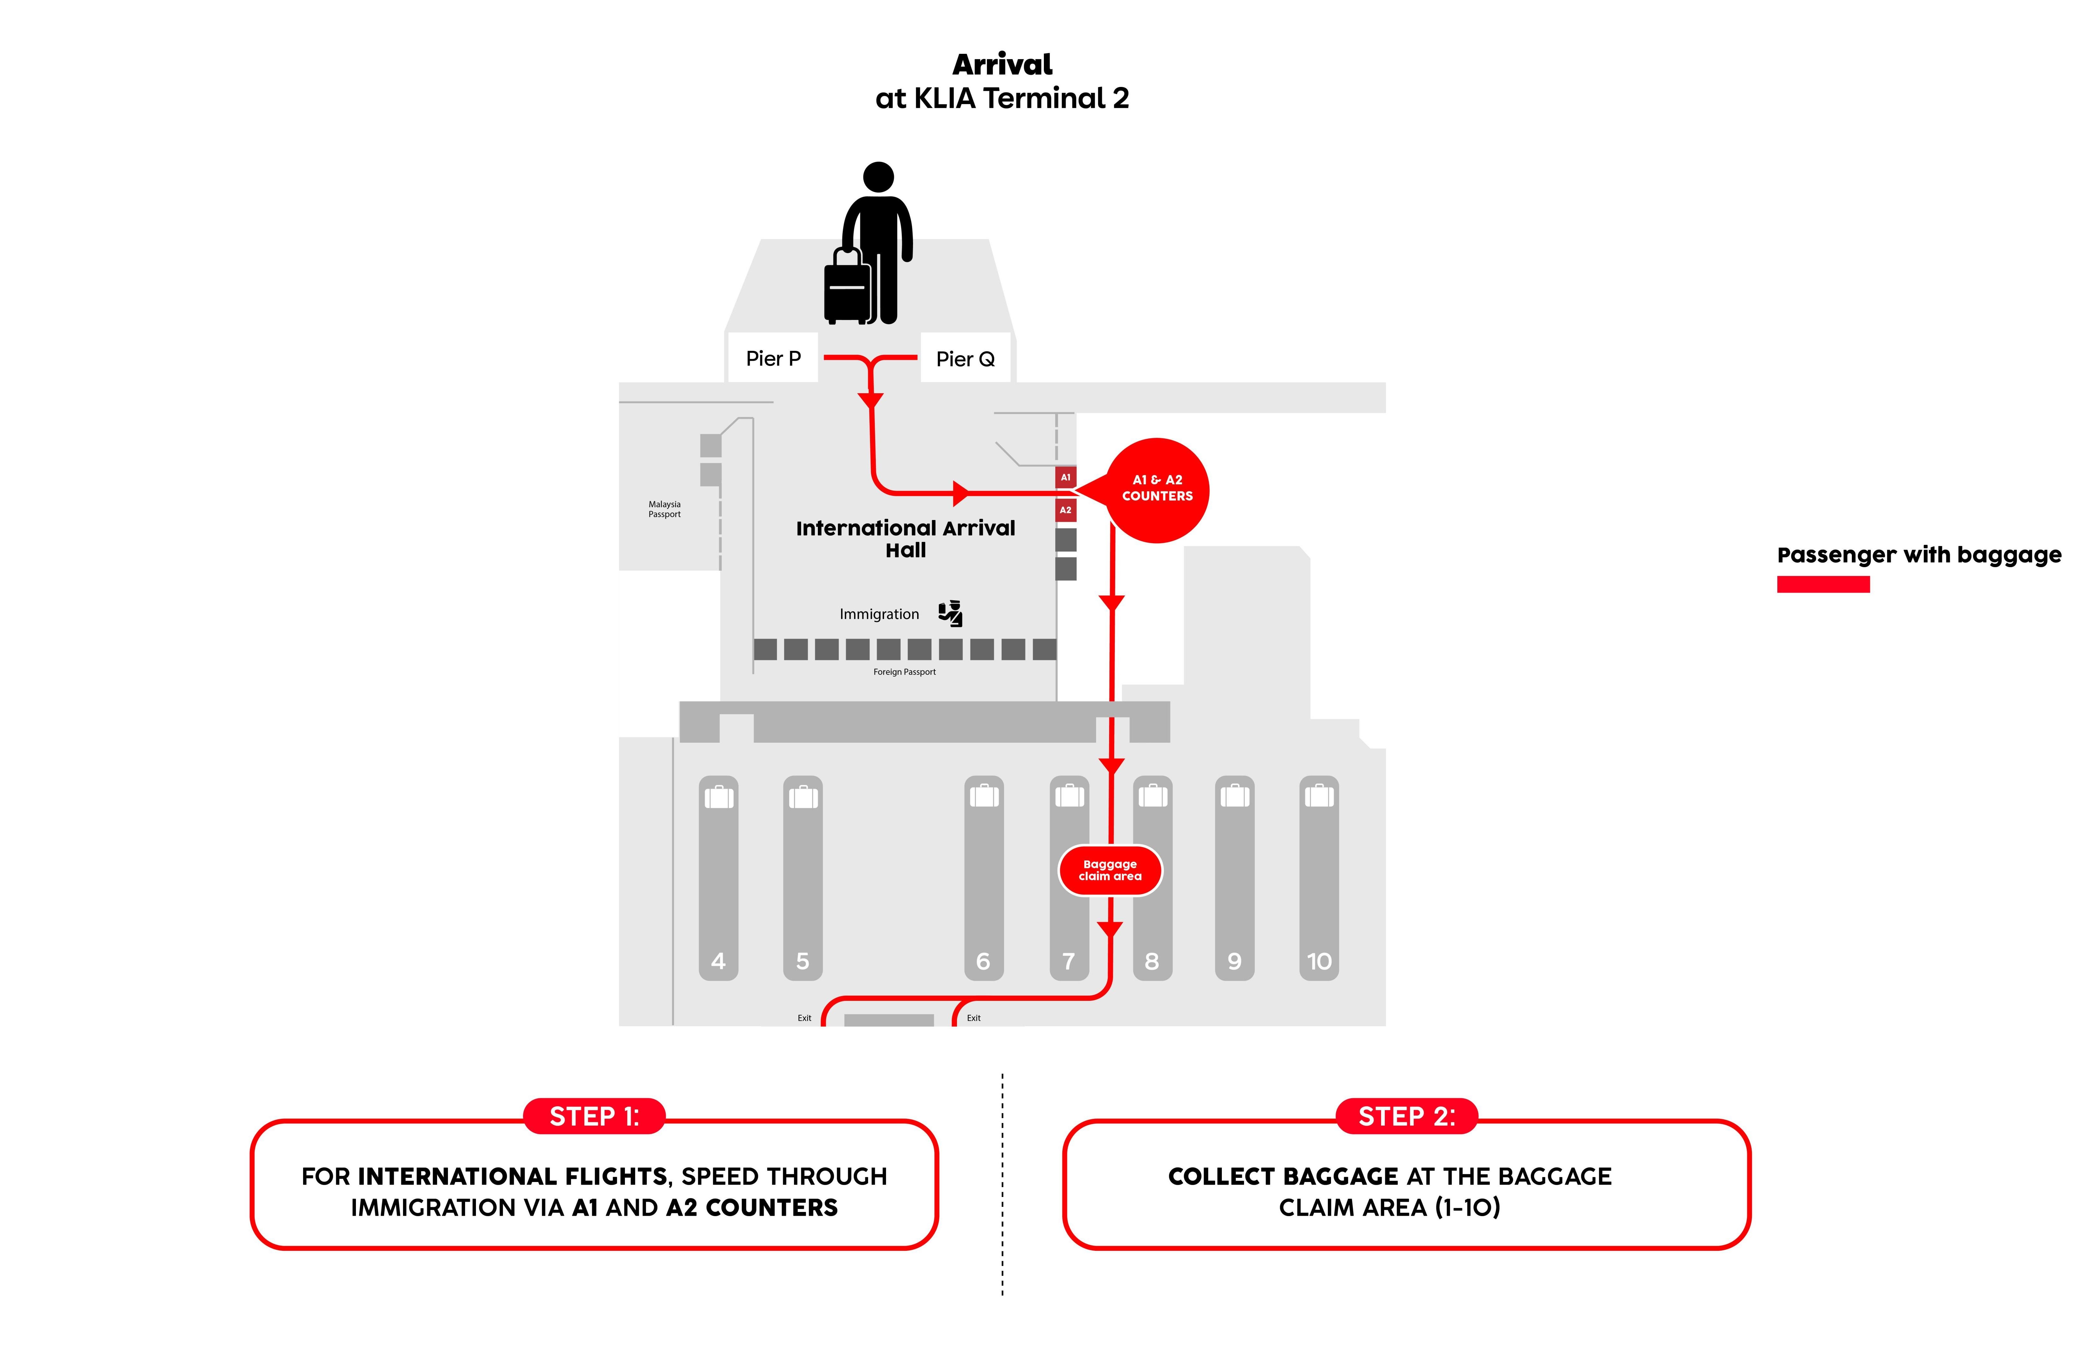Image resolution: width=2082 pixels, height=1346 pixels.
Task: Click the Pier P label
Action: click(772, 358)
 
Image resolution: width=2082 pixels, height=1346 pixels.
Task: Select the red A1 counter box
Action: click(1065, 477)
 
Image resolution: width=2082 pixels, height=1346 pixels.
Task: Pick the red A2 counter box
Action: click(1065, 509)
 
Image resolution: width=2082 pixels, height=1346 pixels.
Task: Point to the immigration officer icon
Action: click(950, 614)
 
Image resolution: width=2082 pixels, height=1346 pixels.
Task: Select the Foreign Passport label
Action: click(904, 672)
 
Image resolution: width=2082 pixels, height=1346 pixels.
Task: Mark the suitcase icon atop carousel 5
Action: click(803, 796)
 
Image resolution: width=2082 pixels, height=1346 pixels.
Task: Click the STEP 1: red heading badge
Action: click(594, 1116)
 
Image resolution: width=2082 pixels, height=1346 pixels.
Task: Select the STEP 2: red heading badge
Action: click(1406, 1116)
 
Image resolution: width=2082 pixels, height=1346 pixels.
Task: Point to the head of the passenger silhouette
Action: click(878, 176)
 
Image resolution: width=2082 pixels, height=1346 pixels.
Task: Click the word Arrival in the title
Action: click(1002, 65)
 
